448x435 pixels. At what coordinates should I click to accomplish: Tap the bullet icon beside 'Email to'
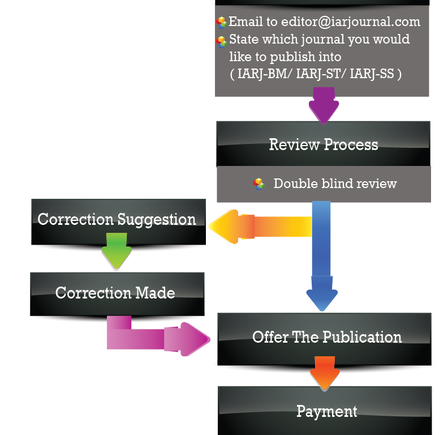point(221,23)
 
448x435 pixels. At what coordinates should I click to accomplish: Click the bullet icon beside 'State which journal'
point(221,41)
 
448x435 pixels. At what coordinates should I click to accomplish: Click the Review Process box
point(323,144)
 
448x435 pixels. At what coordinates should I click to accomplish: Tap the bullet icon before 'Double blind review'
point(259,184)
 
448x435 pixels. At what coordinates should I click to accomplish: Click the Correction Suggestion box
point(117,220)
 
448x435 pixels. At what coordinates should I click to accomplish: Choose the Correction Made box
point(115,293)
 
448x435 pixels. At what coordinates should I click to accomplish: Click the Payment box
point(326,411)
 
